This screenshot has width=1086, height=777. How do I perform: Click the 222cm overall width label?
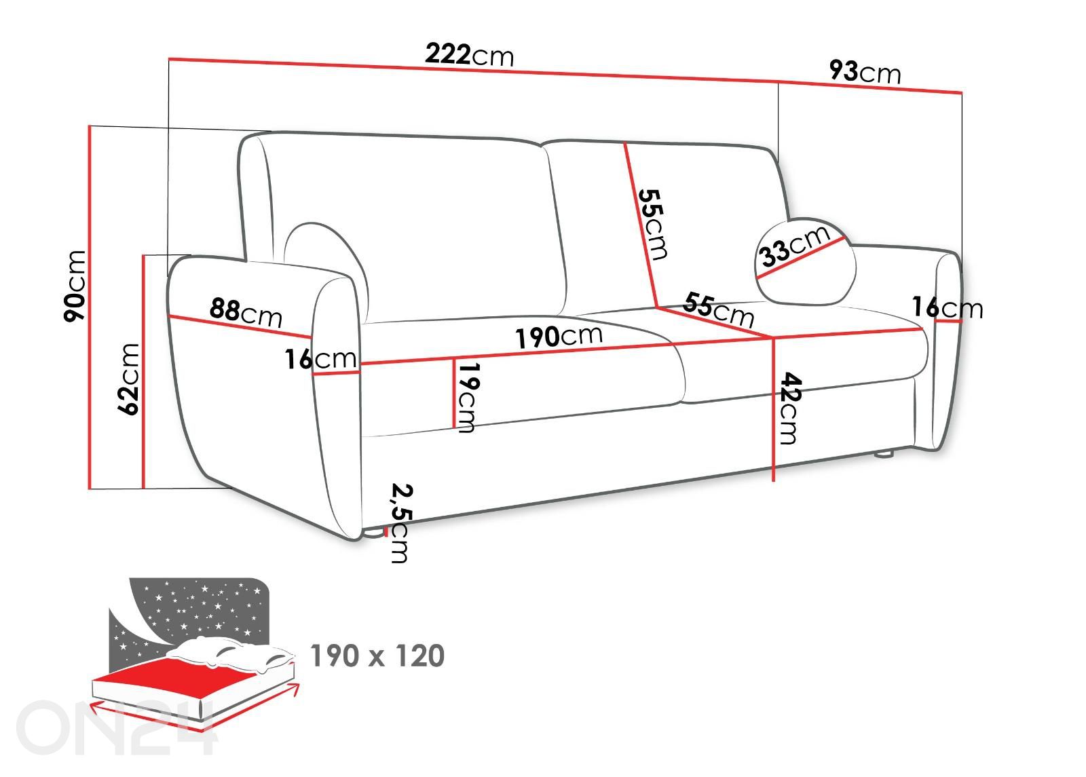tap(469, 54)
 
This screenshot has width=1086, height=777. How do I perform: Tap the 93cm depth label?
tap(865, 71)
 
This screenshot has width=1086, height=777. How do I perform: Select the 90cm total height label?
tap(75, 286)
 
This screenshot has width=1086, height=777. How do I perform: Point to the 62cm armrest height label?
tap(128, 379)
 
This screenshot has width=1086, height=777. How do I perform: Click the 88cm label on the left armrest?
tap(246, 313)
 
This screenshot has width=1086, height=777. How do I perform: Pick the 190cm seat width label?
tap(559, 336)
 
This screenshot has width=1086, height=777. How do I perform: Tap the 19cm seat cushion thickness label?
tap(468, 397)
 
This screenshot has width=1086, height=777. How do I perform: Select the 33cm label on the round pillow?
tap(795, 246)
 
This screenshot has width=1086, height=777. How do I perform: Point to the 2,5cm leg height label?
tap(401, 523)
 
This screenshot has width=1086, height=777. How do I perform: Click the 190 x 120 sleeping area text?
tap(377, 656)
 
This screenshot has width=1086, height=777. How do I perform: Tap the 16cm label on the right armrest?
tap(948, 307)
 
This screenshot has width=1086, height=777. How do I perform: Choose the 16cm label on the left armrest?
tap(320, 359)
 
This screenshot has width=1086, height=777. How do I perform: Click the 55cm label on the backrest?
tap(652, 224)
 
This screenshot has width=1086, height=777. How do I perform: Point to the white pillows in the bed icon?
tap(230, 653)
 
